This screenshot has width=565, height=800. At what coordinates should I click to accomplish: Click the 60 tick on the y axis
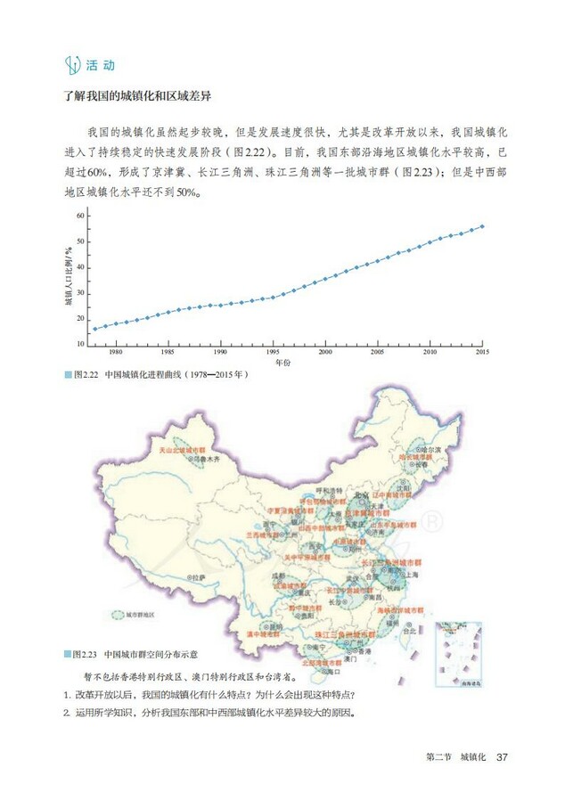[80, 216]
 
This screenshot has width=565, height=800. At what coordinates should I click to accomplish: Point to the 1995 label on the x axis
[273, 353]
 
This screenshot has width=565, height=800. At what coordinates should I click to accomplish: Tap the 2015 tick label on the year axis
[483, 353]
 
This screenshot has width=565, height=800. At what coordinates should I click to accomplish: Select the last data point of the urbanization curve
[483, 225]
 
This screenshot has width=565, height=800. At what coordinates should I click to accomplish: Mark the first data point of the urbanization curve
[95, 329]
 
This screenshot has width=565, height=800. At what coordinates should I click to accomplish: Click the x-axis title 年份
[282, 363]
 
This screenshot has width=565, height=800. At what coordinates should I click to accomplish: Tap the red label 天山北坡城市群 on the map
[181, 451]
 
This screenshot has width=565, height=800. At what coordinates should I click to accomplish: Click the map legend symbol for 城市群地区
[119, 614]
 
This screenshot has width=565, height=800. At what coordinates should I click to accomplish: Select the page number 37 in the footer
[502, 757]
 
